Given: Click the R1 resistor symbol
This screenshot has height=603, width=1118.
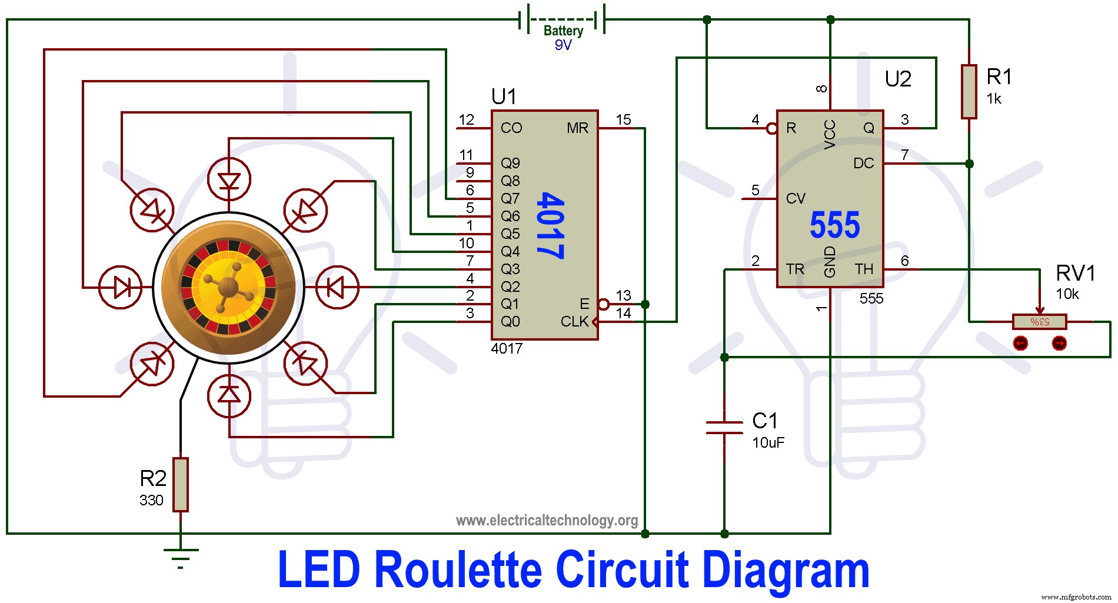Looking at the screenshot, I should pos(969,92).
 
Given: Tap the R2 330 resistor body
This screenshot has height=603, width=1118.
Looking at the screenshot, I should pos(181,484).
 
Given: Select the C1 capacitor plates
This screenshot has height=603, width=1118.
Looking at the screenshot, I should pos(724,427).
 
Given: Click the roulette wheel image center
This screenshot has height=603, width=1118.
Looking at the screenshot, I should pos(228,288).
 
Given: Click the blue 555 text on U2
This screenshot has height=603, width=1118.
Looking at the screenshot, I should pos(834,225).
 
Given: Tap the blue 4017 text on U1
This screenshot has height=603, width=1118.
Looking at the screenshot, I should pos(551,225).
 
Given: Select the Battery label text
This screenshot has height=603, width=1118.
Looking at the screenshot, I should pos(563,31).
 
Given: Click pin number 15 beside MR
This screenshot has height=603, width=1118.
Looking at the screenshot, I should pos(623,120).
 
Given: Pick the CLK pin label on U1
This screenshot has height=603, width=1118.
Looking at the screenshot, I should pos(574,322).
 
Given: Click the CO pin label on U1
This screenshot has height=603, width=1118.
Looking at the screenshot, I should pos(511,128).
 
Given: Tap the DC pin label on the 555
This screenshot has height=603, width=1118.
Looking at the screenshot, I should pos(863,164).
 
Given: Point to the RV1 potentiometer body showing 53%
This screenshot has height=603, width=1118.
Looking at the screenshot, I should pos(1039,322).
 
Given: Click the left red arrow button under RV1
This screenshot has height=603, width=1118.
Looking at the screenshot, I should pos(1021,343).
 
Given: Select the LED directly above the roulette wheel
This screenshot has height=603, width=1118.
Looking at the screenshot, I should pos(229,180).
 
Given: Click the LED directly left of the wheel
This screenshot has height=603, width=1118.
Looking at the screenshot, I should pos(121,288).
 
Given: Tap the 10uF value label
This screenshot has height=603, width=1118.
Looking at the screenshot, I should pos(768,442).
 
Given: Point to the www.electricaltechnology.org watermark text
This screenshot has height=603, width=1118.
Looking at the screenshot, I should pos(547,520).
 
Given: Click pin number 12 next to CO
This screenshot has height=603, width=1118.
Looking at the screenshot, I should pos(466,120).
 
